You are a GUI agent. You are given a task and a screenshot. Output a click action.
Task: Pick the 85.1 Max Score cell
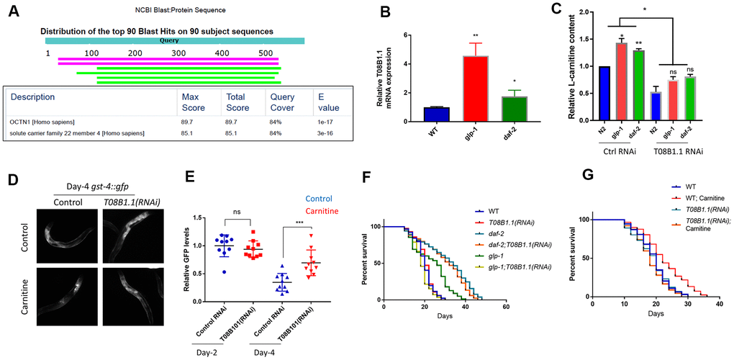click(x=190, y=133)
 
